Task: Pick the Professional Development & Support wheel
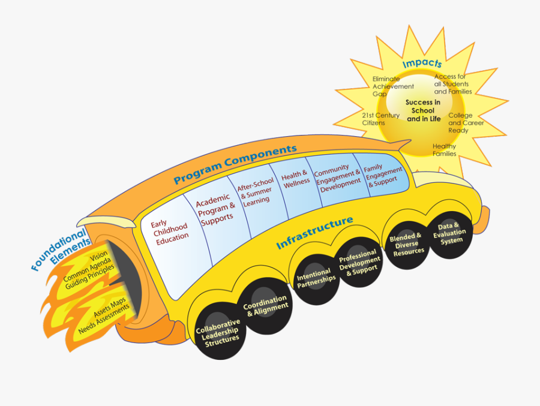coord(359,263)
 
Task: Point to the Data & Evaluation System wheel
coord(451,233)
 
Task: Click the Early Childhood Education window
coord(172,230)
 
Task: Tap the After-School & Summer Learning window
coord(255,192)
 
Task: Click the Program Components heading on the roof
coord(235,163)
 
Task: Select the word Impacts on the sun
coord(422,63)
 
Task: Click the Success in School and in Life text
coord(423,110)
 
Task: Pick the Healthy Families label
coord(445,150)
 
